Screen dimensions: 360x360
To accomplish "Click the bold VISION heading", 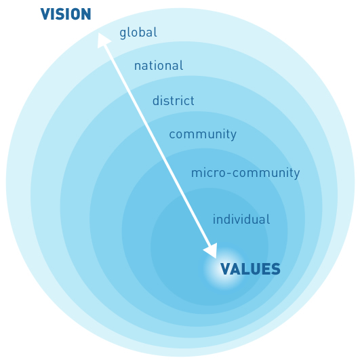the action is (66, 14).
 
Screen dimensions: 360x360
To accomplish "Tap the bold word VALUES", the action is (250, 269).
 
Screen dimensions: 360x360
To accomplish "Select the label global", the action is (138, 33).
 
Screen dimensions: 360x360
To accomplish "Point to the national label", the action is (159, 66).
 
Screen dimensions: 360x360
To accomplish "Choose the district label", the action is (174, 100).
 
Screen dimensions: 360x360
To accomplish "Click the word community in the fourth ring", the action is (203, 134).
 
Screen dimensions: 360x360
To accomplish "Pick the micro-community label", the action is (245, 173).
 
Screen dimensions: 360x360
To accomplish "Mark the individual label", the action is (241, 219).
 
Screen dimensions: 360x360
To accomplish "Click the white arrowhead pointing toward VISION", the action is (103, 40).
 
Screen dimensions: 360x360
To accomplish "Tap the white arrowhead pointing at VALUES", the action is (212, 251).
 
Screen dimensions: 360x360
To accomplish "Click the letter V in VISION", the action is (45, 14).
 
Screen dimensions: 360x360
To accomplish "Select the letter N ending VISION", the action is (86, 14).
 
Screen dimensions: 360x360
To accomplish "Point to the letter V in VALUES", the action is (226, 269).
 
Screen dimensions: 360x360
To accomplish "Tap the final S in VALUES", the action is (275, 269).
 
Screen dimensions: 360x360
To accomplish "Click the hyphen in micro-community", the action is (229, 174).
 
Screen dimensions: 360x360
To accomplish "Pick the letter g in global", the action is (123, 34).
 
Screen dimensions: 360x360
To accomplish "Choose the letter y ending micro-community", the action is (297, 174).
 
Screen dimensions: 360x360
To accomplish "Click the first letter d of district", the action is (156, 100).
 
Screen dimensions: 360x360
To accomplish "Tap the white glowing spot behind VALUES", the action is (224, 268).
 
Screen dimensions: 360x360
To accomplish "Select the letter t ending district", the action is (192, 101).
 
